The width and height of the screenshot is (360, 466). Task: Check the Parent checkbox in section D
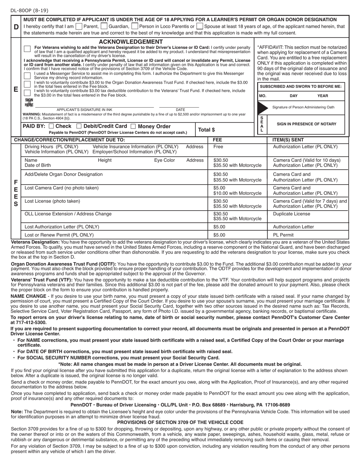pyautogui.click(x=78, y=27)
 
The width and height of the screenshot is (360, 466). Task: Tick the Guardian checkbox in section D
pyautogui.click(x=104, y=27)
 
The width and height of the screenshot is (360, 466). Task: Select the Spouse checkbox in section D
pyautogui.click(x=200, y=27)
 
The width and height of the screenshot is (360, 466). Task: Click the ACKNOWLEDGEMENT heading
pyautogui.click(x=131, y=42)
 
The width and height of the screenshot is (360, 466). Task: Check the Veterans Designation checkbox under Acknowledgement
pyautogui.click(x=27, y=49)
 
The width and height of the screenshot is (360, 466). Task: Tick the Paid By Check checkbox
pyautogui.click(x=52, y=126)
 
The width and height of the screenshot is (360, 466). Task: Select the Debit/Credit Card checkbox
pyautogui.click(x=79, y=126)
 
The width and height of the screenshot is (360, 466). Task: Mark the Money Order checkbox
pyautogui.click(x=133, y=126)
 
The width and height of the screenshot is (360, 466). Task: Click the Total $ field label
pyautogui.click(x=207, y=130)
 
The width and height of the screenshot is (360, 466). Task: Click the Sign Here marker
pyautogui.click(x=29, y=103)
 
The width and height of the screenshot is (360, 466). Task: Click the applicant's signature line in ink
pyautogui.click(x=95, y=107)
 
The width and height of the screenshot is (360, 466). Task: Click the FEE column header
pyautogui.click(x=218, y=140)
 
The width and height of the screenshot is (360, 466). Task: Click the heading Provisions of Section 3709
pyautogui.click(x=180, y=422)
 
